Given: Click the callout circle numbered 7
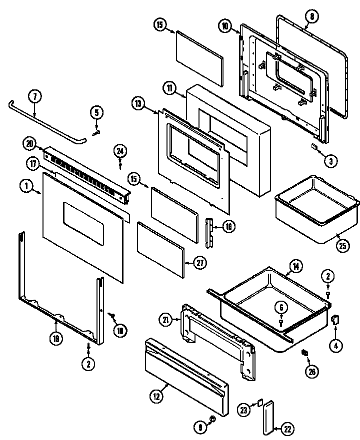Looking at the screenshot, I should tap(34, 96).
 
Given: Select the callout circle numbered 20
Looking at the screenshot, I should tap(30, 144).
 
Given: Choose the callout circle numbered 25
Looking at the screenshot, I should tap(342, 246).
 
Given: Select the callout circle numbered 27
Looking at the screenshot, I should tap(198, 263).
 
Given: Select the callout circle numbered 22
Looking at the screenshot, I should tap(288, 428).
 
